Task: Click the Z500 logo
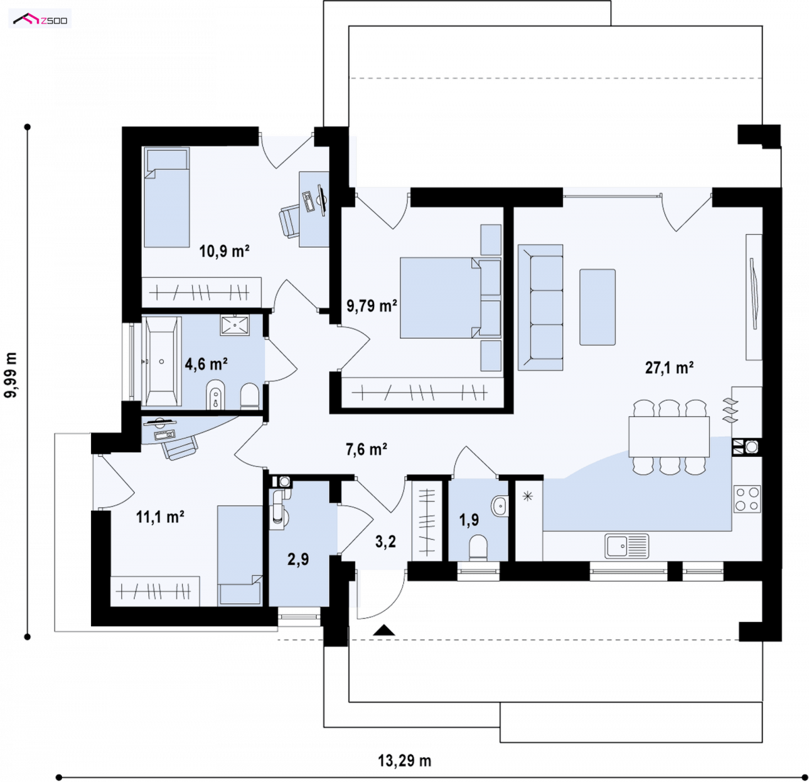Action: [40, 19]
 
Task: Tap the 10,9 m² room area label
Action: [224, 251]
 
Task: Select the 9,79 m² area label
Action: [371, 306]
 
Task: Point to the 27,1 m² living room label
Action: [669, 368]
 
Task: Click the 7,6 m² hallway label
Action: [366, 449]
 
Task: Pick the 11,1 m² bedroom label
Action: [160, 517]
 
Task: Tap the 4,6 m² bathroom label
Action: [206, 364]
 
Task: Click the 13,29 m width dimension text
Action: [404, 761]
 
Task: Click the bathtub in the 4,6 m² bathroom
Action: [161, 361]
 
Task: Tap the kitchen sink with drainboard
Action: [626, 546]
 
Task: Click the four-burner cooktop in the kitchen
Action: [747, 499]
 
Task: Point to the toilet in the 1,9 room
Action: [478, 547]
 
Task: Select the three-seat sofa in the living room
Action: [541, 308]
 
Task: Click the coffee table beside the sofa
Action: [597, 307]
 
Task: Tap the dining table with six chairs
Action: [669, 437]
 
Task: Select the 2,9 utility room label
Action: [298, 559]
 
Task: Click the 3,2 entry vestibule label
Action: [386, 542]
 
